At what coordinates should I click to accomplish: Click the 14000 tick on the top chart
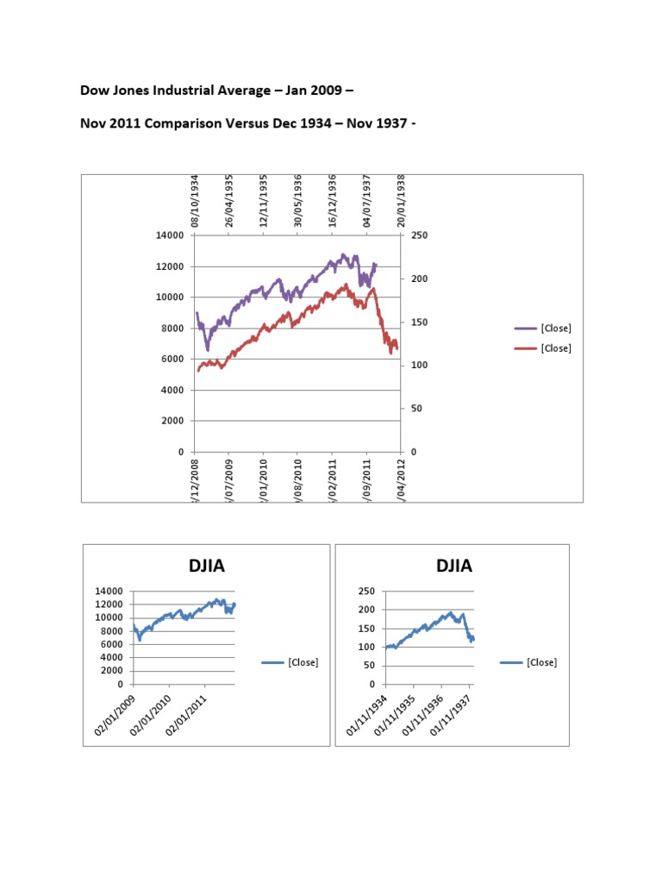pyautogui.click(x=170, y=235)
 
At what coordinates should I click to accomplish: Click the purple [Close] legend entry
pyautogui.click(x=555, y=329)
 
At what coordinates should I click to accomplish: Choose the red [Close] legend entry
pyautogui.click(x=555, y=348)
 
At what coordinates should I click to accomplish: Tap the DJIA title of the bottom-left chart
pyautogui.click(x=207, y=566)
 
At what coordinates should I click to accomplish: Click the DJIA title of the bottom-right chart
pyautogui.click(x=454, y=566)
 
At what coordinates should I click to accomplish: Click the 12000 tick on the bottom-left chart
pyautogui.click(x=110, y=604)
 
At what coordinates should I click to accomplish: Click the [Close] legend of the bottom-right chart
pyautogui.click(x=540, y=662)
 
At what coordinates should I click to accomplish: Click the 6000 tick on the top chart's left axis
pyautogui.click(x=172, y=359)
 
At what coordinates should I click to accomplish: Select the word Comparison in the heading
pyautogui.click(x=178, y=122)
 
